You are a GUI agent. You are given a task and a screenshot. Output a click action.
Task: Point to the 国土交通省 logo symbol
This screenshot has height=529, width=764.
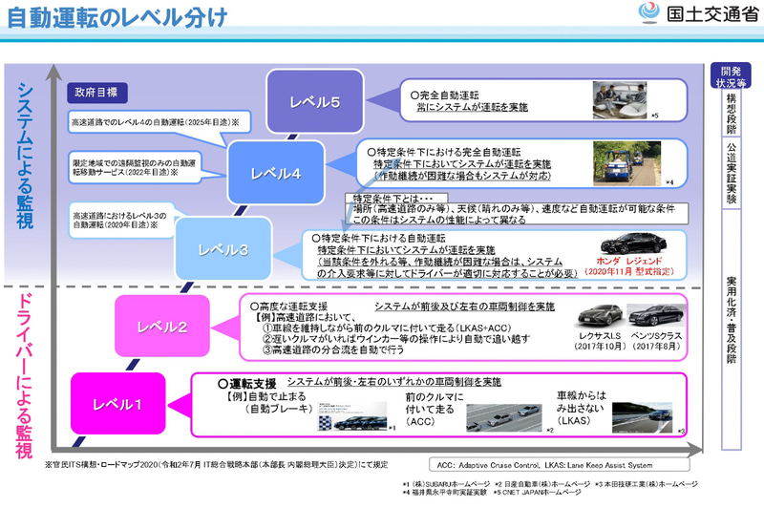pos(647,15)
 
